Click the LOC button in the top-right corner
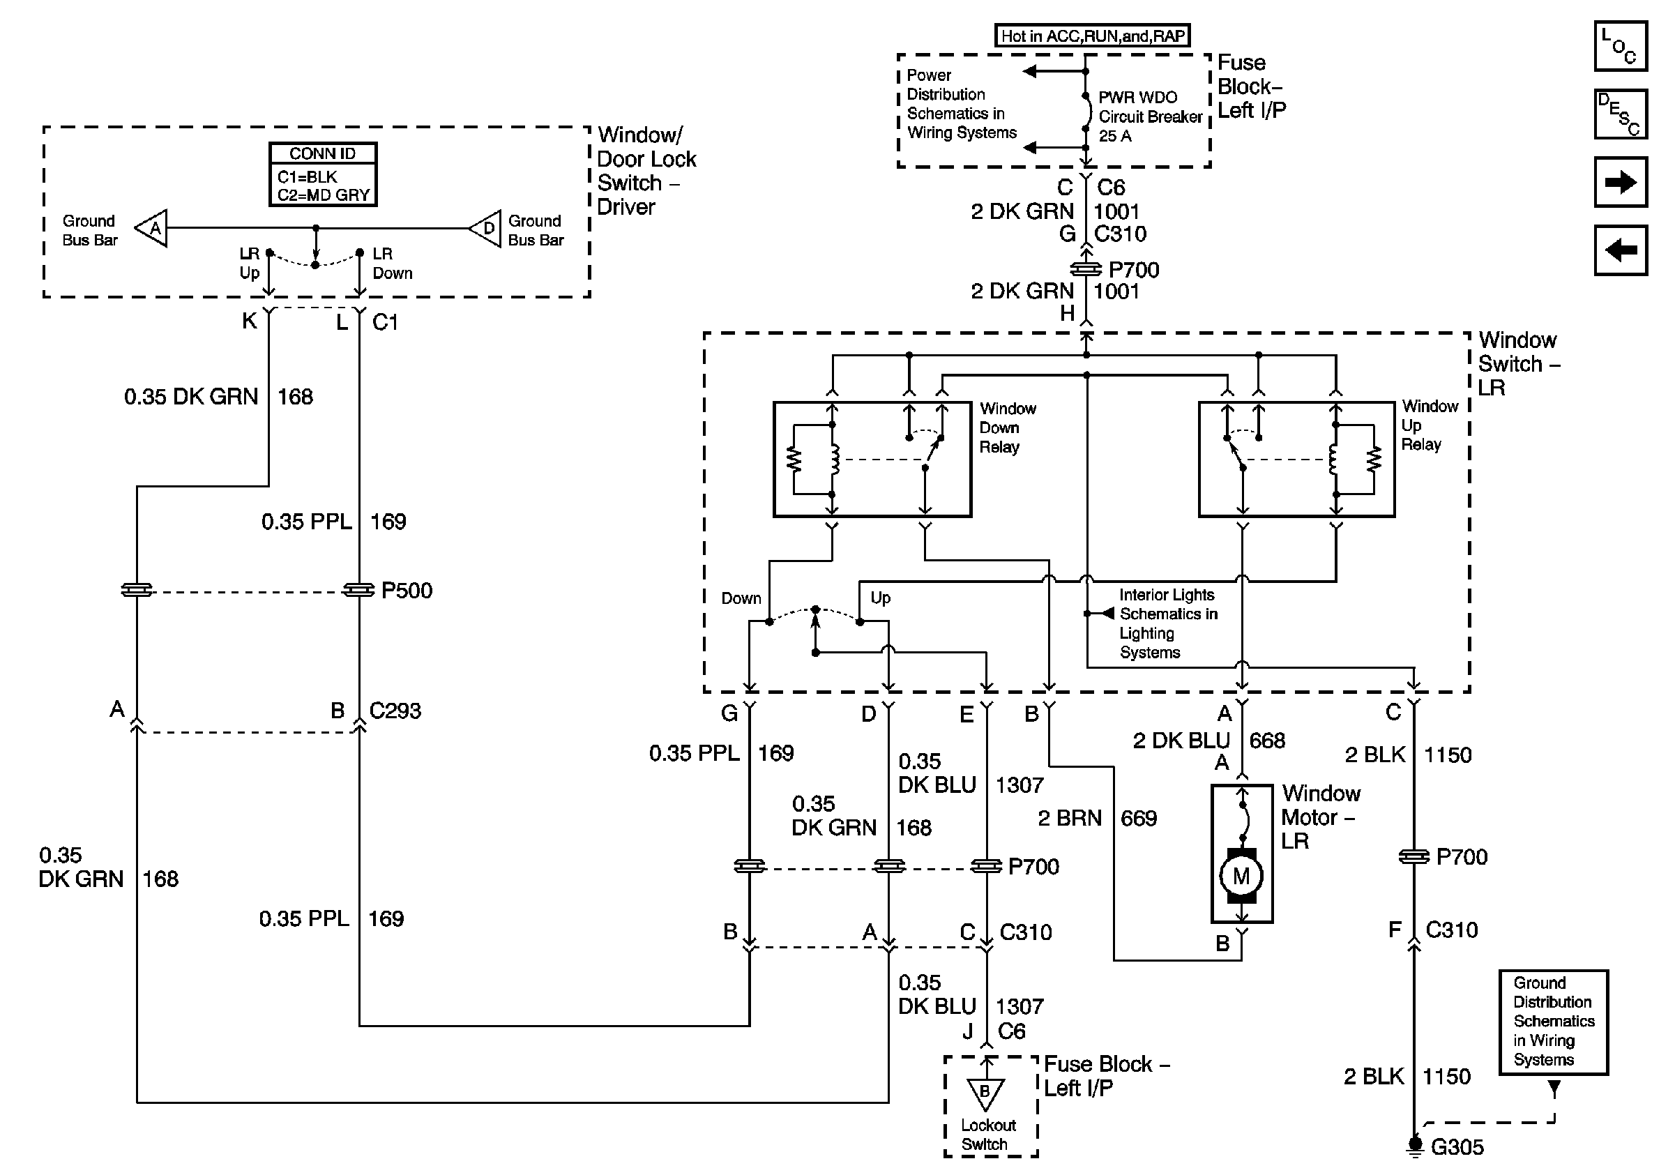click(1621, 47)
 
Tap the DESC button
click(1621, 114)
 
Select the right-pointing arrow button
click(1621, 181)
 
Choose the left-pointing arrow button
click(1621, 250)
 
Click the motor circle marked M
click(1241, 876)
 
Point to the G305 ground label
click(1457, 1147)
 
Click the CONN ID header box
click(322, 153)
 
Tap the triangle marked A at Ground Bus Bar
click(153, 228)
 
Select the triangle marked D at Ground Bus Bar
click(485, 228)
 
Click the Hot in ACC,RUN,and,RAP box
click(1092, 36)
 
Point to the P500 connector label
click(407, 590)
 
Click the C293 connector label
click(395, 711)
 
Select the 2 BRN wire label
click(1070, 819)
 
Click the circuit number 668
click(1267, 741)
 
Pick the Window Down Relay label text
click(1008, 428)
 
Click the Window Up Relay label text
click(1429, 425)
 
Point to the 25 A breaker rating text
click(1115, 137)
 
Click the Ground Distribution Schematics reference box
click(1553, 1022)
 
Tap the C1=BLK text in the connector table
click(307, 177)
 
